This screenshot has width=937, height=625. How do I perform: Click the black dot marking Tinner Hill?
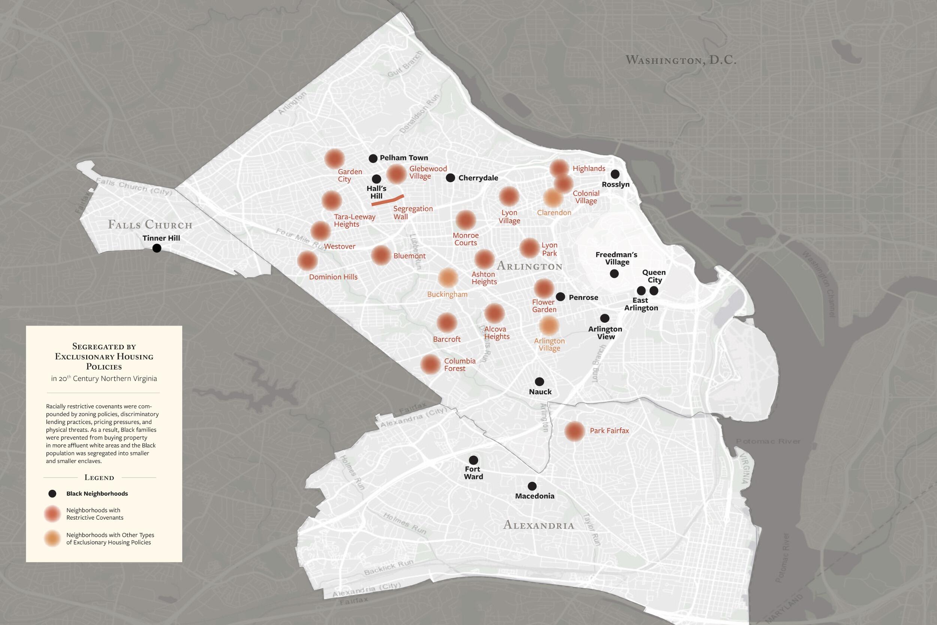157,248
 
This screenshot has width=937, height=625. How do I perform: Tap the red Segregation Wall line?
388,200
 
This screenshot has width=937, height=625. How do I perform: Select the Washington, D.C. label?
681,60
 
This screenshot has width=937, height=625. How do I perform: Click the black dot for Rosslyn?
615,174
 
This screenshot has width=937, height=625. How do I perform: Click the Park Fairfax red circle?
574,431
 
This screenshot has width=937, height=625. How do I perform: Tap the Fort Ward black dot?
473,460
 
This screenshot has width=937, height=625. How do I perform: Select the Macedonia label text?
534,496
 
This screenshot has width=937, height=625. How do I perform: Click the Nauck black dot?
539,382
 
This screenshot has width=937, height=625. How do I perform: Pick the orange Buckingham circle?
448,278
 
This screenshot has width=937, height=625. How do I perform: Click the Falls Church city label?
150,225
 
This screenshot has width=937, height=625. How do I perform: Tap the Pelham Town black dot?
373,158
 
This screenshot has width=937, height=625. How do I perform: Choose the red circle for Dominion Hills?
307,261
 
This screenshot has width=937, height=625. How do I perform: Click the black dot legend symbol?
52,494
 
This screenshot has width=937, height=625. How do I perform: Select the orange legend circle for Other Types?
52,539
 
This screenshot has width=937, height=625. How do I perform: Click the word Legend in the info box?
99,478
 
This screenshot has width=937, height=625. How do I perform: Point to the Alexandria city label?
538,525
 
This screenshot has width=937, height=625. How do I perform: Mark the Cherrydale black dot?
451,178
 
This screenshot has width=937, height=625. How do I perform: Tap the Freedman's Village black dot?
614,273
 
